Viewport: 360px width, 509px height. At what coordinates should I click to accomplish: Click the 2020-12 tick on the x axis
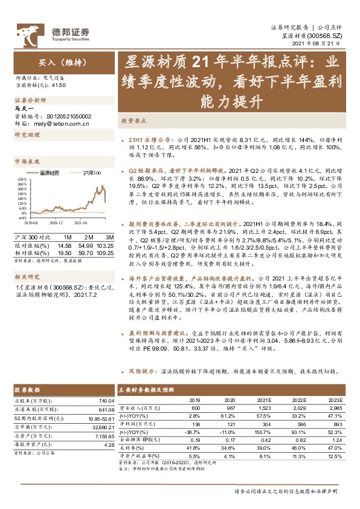(56, 223)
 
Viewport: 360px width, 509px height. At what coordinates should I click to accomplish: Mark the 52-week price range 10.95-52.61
(100, 418)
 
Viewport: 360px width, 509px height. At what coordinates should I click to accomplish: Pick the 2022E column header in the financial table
(300, 400)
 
